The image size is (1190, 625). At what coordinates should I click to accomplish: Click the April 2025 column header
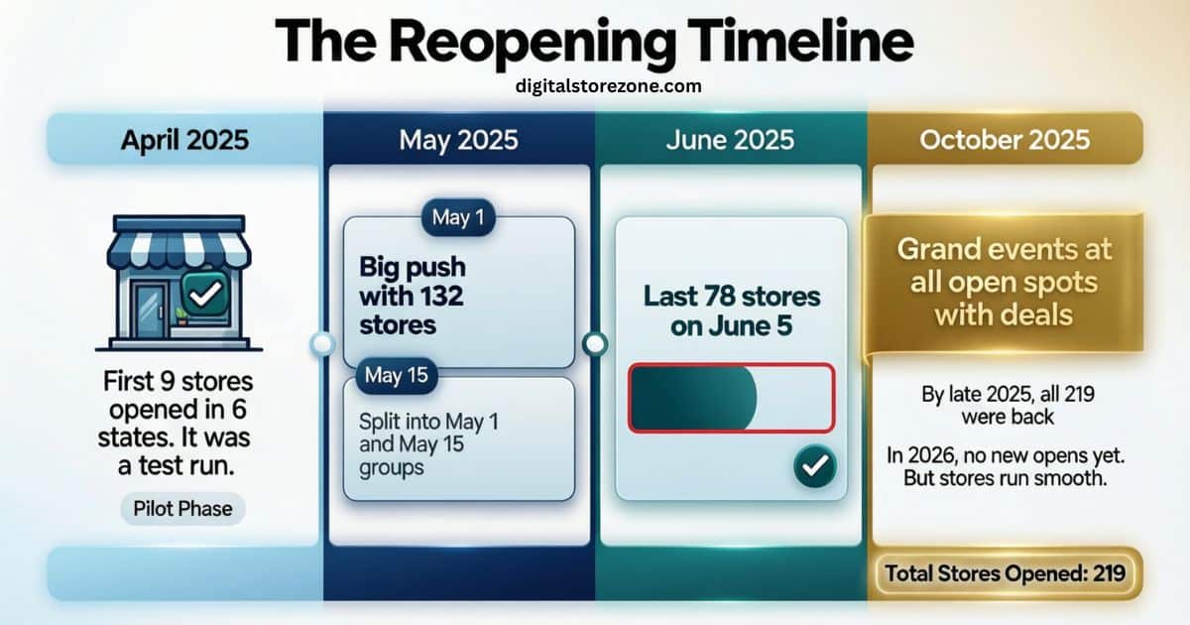185,139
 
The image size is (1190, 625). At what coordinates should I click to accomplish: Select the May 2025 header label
458,139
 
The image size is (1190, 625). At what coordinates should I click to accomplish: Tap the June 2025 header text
730,139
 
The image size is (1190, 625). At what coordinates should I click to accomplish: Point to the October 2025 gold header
1005,139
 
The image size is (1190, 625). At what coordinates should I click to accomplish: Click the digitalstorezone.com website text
609,86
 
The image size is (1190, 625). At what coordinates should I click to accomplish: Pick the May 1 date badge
458,217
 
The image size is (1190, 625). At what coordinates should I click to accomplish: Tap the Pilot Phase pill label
183,509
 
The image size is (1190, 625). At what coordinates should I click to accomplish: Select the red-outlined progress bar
731,397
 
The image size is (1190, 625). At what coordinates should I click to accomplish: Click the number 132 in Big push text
432,296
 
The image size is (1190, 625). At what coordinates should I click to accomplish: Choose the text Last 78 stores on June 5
731,311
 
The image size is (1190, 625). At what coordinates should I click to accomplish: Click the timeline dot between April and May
321,344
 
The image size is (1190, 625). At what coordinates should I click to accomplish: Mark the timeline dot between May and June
594,344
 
